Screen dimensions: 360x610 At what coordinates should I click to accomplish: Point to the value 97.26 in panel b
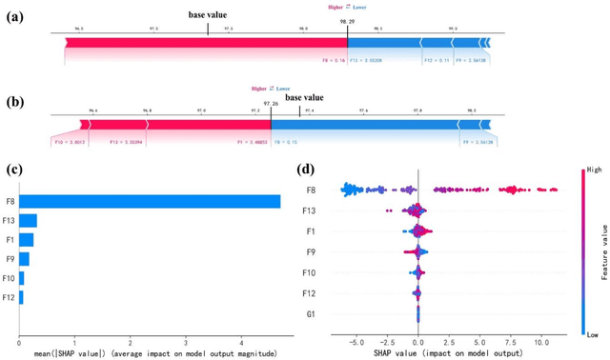(x=272, y=106)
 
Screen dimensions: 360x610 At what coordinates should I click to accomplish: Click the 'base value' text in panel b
(x=305, y=97)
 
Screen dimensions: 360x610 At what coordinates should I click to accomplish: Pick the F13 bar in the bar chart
(x=28, y=221)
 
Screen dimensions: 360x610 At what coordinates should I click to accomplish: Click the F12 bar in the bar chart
(x=21, y=298)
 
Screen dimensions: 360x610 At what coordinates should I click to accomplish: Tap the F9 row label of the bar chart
(x=8, y=259)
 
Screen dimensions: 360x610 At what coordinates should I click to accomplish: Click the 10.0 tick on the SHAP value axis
(x=539, y=339)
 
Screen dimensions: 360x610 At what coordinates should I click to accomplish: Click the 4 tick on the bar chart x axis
(x=242, y=341)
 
